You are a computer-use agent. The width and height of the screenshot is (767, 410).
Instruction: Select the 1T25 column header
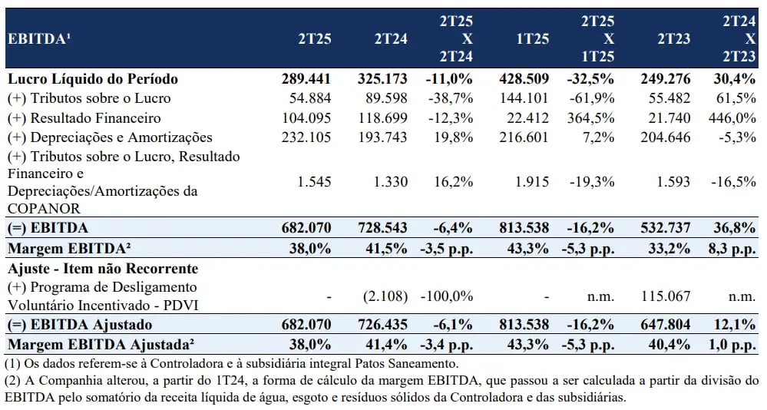533,38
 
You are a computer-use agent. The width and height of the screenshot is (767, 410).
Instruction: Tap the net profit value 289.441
306,79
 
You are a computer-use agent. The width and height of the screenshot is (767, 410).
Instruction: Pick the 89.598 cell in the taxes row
386,98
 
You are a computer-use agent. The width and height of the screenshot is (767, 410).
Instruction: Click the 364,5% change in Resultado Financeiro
591,118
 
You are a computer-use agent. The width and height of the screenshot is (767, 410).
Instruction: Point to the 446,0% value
732,118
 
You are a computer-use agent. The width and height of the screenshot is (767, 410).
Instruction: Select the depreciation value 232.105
306,137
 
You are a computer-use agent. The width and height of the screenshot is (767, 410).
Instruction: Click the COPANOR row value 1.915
532,182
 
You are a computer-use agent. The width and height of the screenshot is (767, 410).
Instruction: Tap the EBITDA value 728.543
382,228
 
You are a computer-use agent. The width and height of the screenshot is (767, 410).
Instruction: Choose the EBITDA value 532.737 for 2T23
666,228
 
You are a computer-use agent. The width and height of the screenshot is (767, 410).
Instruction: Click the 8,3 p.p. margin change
732,249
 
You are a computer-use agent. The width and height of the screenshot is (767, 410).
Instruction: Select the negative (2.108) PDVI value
385,296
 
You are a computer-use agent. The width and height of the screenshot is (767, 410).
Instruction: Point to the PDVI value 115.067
666,296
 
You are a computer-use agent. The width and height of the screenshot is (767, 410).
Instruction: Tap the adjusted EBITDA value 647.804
666,325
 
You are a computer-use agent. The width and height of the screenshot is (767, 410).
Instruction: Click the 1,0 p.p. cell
732,345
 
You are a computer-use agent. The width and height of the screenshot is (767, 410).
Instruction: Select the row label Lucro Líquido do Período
93,79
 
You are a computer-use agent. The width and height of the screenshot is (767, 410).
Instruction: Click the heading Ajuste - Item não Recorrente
103,269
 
